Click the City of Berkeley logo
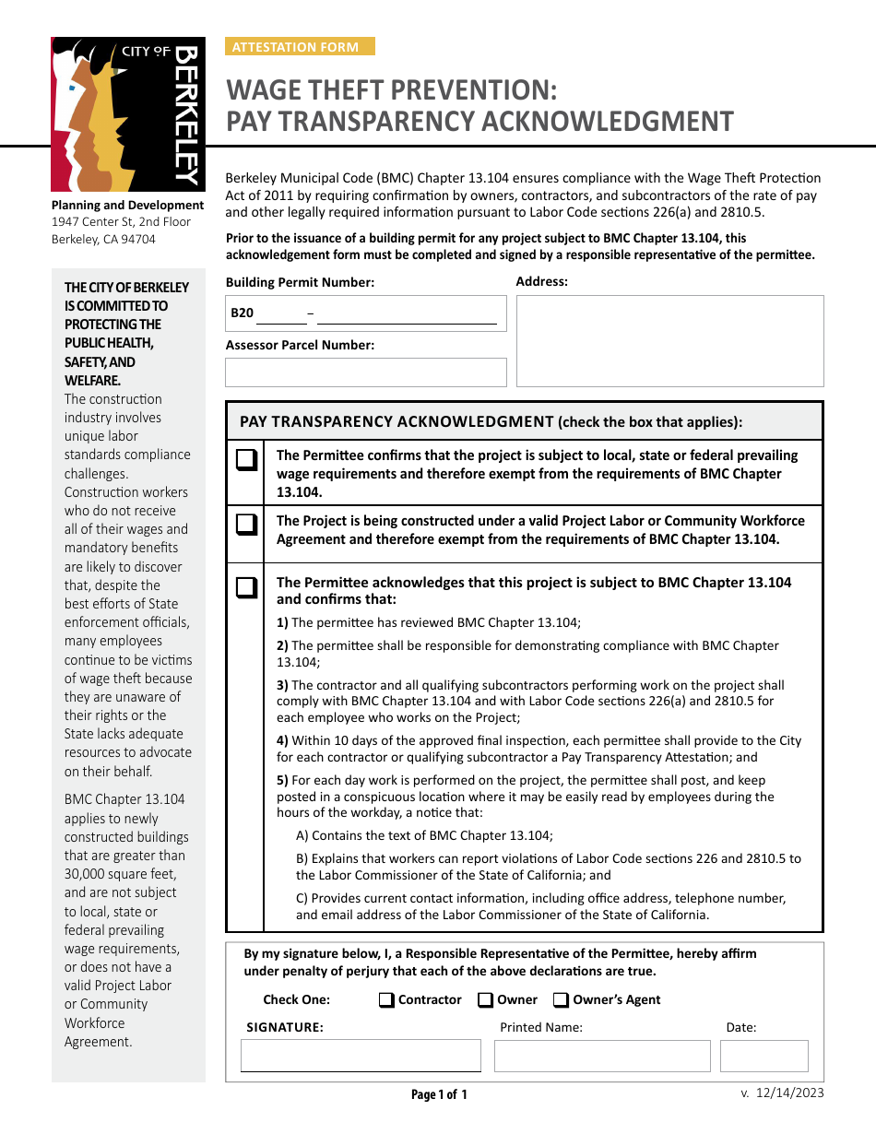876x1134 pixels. click(127, 114)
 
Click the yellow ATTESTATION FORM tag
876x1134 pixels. click(300, 47)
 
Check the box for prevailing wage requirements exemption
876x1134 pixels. click(245, 460)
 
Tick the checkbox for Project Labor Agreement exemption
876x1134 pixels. click(245, 525)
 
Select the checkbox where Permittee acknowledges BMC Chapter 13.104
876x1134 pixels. click(245, 587)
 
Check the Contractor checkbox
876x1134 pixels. click(386, 1000)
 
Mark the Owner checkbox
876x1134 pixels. click(485, 1000)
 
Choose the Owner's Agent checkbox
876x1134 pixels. click(561, 1000)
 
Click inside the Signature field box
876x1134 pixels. click(361, 1056)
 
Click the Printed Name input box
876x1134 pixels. click(602, 1056)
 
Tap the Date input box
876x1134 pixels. click(764, 1056)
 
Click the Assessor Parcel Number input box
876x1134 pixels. click(366, 372)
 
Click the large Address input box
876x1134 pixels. click(669, 340)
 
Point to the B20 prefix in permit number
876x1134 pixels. click(242, 313)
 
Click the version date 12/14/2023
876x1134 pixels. click(789, 1093)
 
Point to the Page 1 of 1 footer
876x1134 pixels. click(439, 1095)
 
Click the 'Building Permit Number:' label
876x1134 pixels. click(300, 283)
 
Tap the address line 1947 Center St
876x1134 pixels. click(121, 222)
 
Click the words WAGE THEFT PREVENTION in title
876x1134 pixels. click(392, 90)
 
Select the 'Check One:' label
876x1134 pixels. click(296, 1000)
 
